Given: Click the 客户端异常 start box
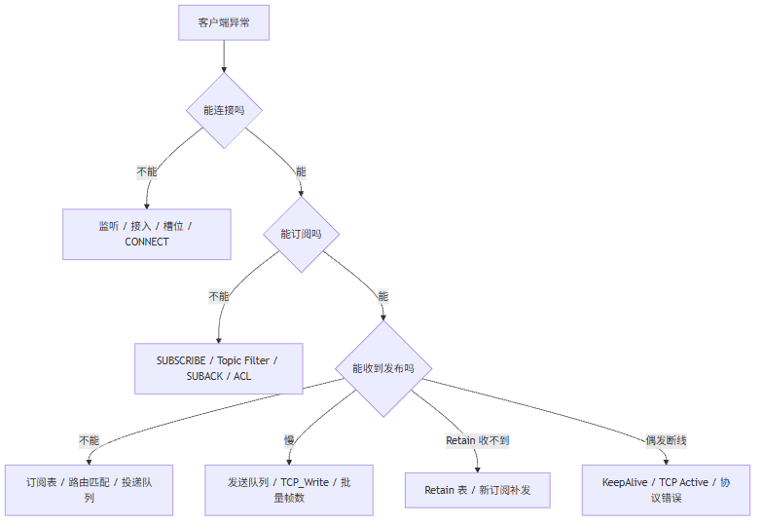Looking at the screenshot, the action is [224, 22].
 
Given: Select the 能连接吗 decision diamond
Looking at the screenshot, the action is [224, 111].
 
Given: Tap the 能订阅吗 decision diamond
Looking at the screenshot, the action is [302, 234].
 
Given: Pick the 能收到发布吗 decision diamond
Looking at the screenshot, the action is [383, 368].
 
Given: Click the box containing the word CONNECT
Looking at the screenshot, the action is [146, 234].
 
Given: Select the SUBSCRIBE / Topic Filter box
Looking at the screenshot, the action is [218, 368].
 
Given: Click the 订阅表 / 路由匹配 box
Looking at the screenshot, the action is [90, 490].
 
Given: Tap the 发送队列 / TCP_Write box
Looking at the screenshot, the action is [289, 490].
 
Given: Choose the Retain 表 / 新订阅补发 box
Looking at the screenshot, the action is [477, 490].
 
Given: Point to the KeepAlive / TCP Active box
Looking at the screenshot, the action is [666, 490].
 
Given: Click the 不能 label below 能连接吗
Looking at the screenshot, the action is [147, 171].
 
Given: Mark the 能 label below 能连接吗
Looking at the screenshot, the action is [301, 171].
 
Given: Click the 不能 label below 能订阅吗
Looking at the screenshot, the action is [219, 296].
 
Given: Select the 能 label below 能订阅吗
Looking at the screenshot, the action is [383, 296].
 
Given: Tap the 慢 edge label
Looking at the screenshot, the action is [289, 440].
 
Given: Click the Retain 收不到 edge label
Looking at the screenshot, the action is [477, 440].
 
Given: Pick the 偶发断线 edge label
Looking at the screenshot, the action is [666, 440].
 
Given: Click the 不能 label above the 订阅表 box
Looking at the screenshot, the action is [90, 440].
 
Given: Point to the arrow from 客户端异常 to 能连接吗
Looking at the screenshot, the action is [224, 56].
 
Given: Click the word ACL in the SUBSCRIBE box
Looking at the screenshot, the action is [242, 376].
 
